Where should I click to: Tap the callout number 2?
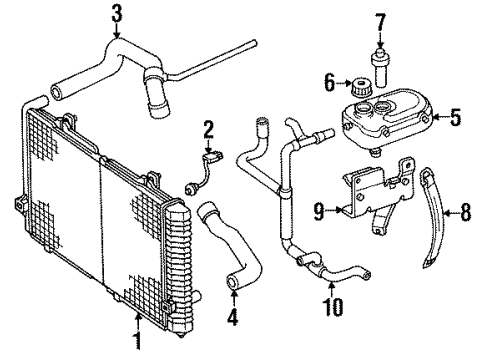coord(208,129)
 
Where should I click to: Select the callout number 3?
coord(117,14)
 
